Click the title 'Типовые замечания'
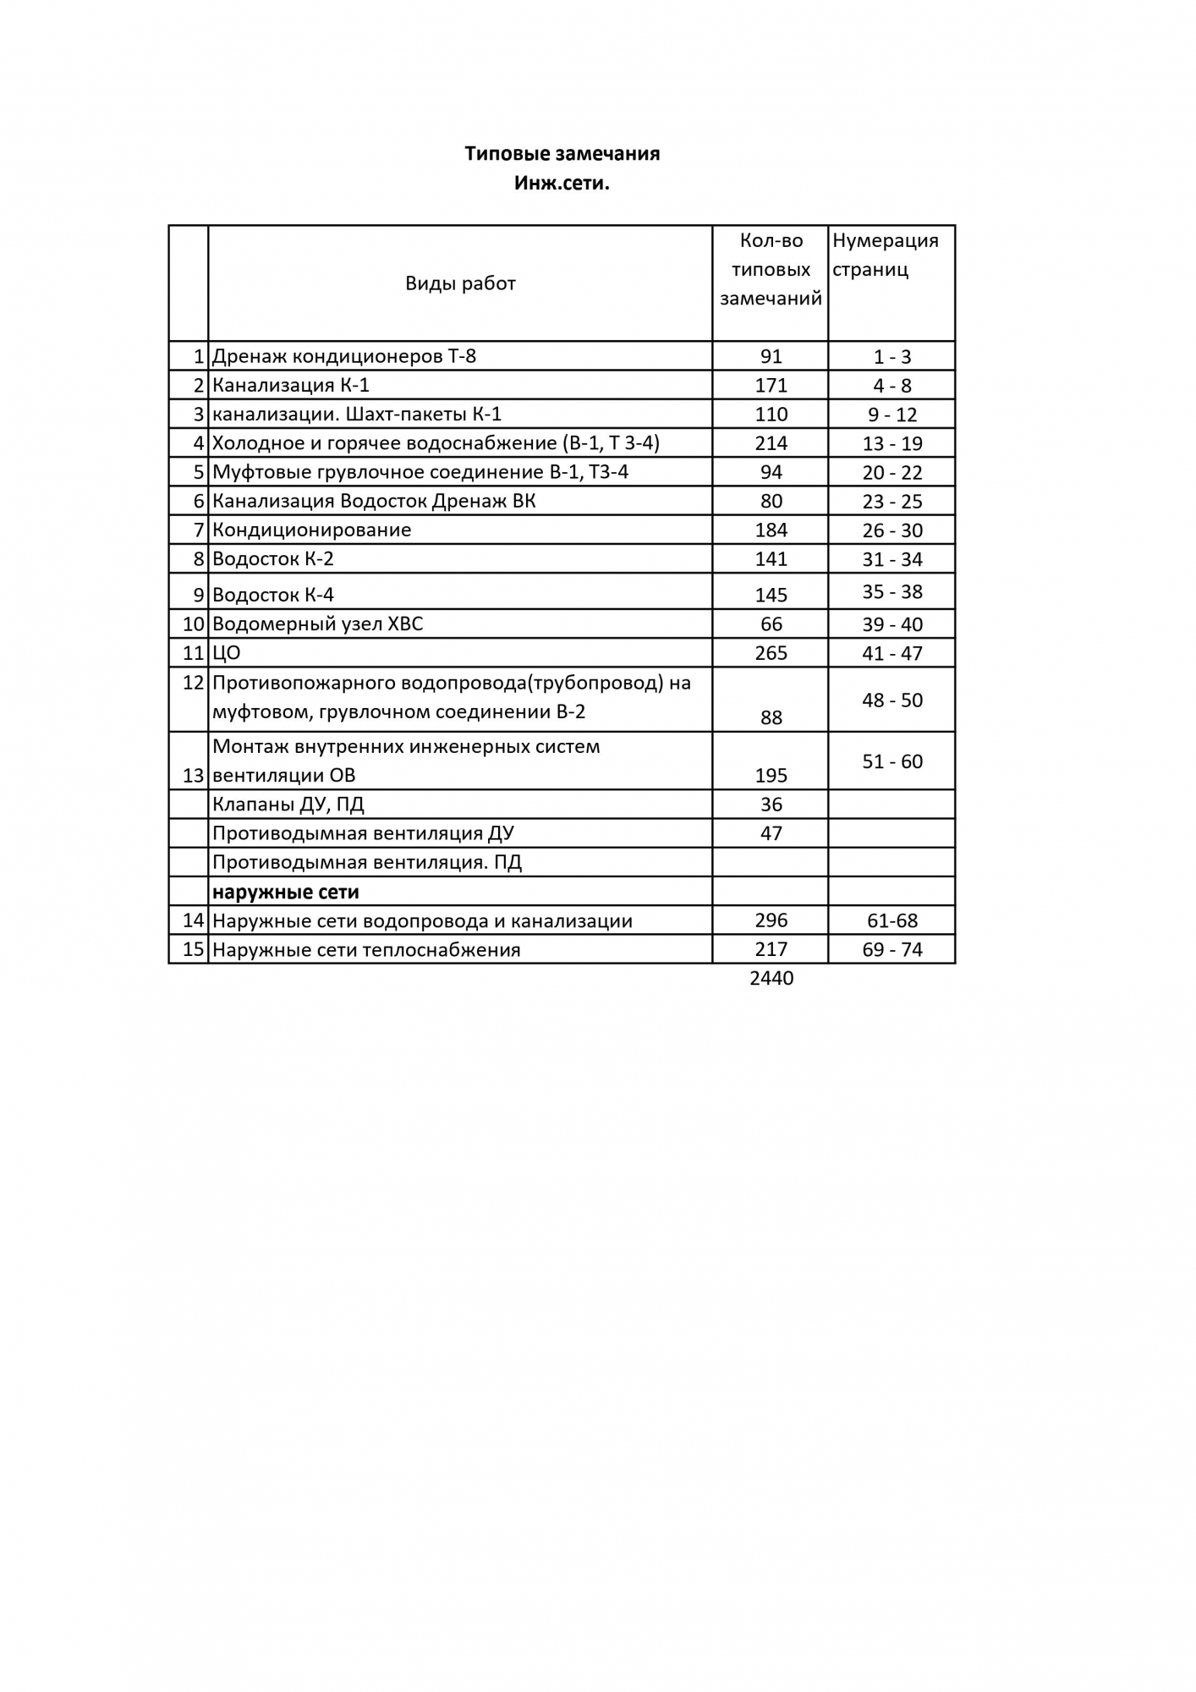562,153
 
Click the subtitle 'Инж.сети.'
562,183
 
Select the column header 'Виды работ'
460,283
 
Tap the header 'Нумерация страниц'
885,255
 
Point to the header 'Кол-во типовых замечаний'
771,269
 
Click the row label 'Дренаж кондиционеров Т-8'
344,356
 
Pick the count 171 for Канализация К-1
771,386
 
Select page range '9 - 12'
892,415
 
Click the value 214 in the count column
771,443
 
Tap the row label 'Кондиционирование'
312,530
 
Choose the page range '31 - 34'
892,559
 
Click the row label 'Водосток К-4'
273,595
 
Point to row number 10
195,624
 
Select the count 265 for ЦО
771,653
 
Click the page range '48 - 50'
892,700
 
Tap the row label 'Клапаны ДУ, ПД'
288,805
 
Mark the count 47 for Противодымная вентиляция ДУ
771,833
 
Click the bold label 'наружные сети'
286,892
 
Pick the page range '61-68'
892,920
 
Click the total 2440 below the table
771,979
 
